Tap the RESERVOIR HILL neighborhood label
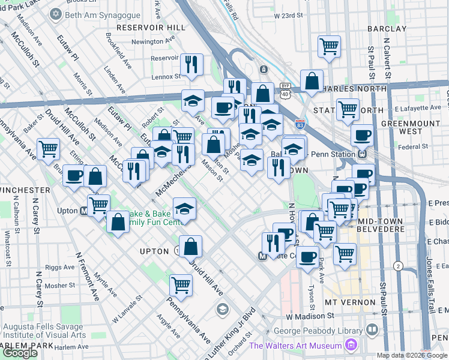[x=151, y=28]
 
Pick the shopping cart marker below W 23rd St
[x=329, y=46]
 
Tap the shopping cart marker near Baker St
[x=48, y=148]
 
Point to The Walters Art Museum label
[x=295, y=345]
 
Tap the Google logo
[x=20, y=352]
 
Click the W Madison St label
[x=309, y=316]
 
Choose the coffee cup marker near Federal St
[x=362, y=136]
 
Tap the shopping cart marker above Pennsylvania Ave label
[x=181, y=285]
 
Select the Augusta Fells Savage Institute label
[x=45, y=331]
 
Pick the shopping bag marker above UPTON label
[x=190, y=245]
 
